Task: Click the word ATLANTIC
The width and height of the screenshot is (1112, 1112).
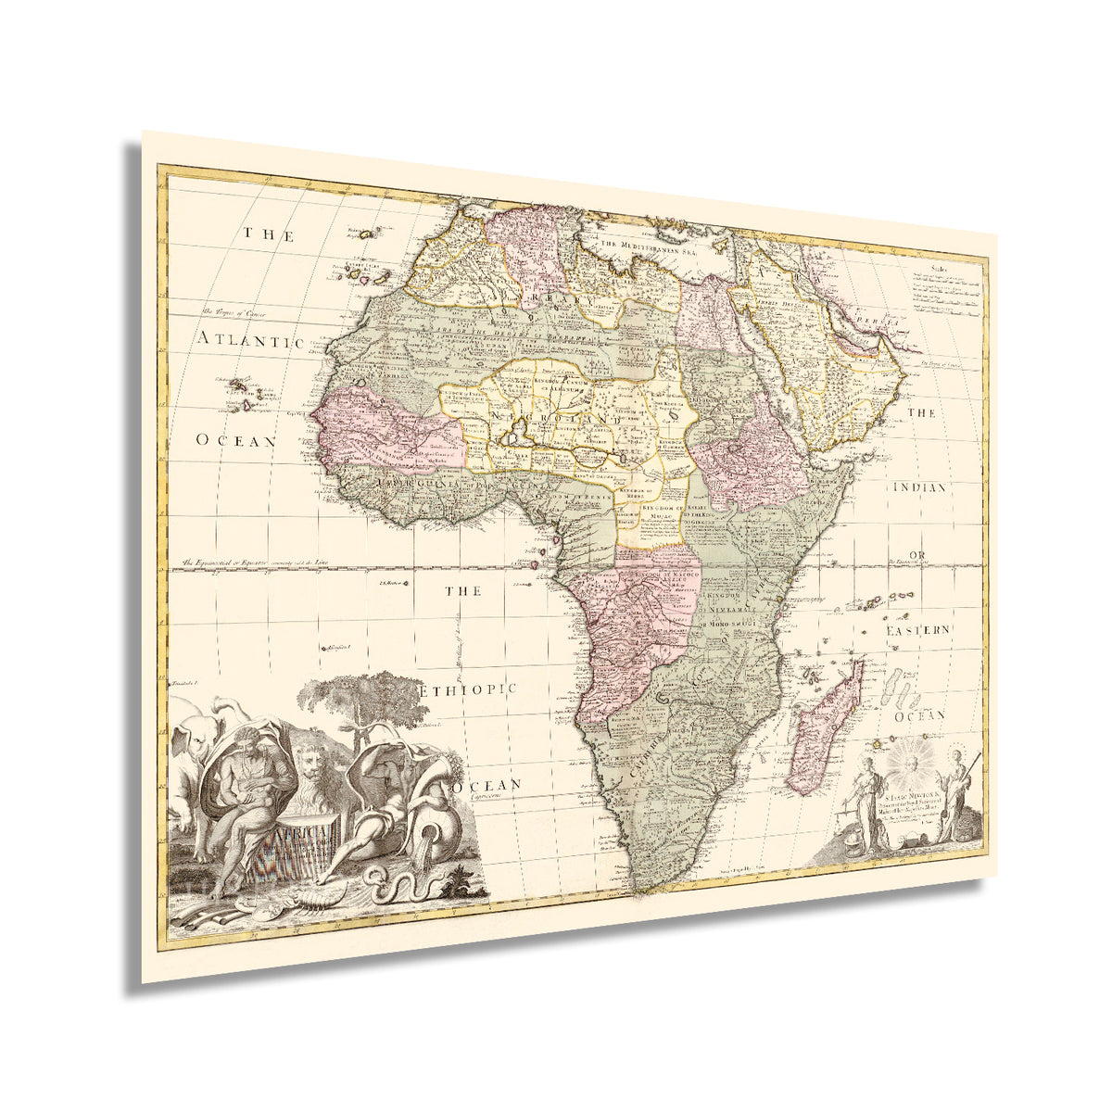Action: [251, 340]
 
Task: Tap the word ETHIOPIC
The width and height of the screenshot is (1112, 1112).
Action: [466, 690]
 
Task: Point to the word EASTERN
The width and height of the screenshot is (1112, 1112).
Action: [917, 630]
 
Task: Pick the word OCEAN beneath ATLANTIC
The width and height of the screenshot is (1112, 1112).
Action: [235, 441]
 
